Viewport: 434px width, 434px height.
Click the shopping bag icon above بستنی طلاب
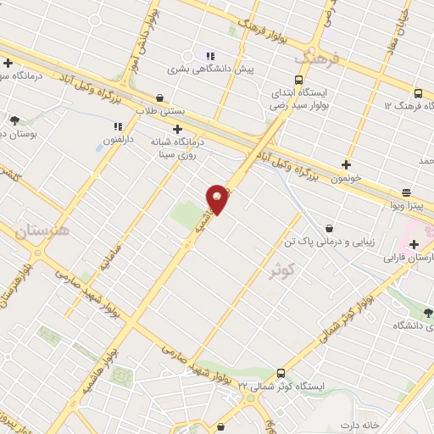[161, 97]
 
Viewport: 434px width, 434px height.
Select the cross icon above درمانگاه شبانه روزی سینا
[177, 129]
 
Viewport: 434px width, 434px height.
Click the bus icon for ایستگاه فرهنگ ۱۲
[419, 93]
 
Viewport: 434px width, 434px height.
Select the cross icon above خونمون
[346, 164]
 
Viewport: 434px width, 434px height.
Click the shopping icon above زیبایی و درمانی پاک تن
[329, 228]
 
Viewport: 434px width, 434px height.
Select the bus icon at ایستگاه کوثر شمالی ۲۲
[281, 373]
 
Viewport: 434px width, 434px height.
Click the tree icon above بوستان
[14, 120]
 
